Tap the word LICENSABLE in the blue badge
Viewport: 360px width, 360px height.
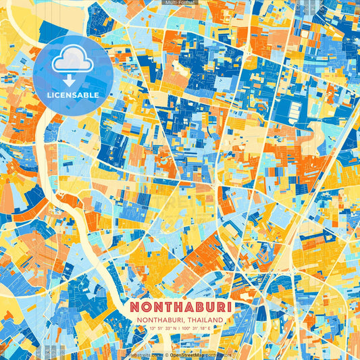click(x=73, y=95)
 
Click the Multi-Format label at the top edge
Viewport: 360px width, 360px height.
click(x=180, y=3)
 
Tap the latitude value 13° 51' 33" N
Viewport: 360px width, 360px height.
click(x=158, y=330)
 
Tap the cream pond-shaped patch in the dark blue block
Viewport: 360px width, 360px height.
click(x=180, y=66)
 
